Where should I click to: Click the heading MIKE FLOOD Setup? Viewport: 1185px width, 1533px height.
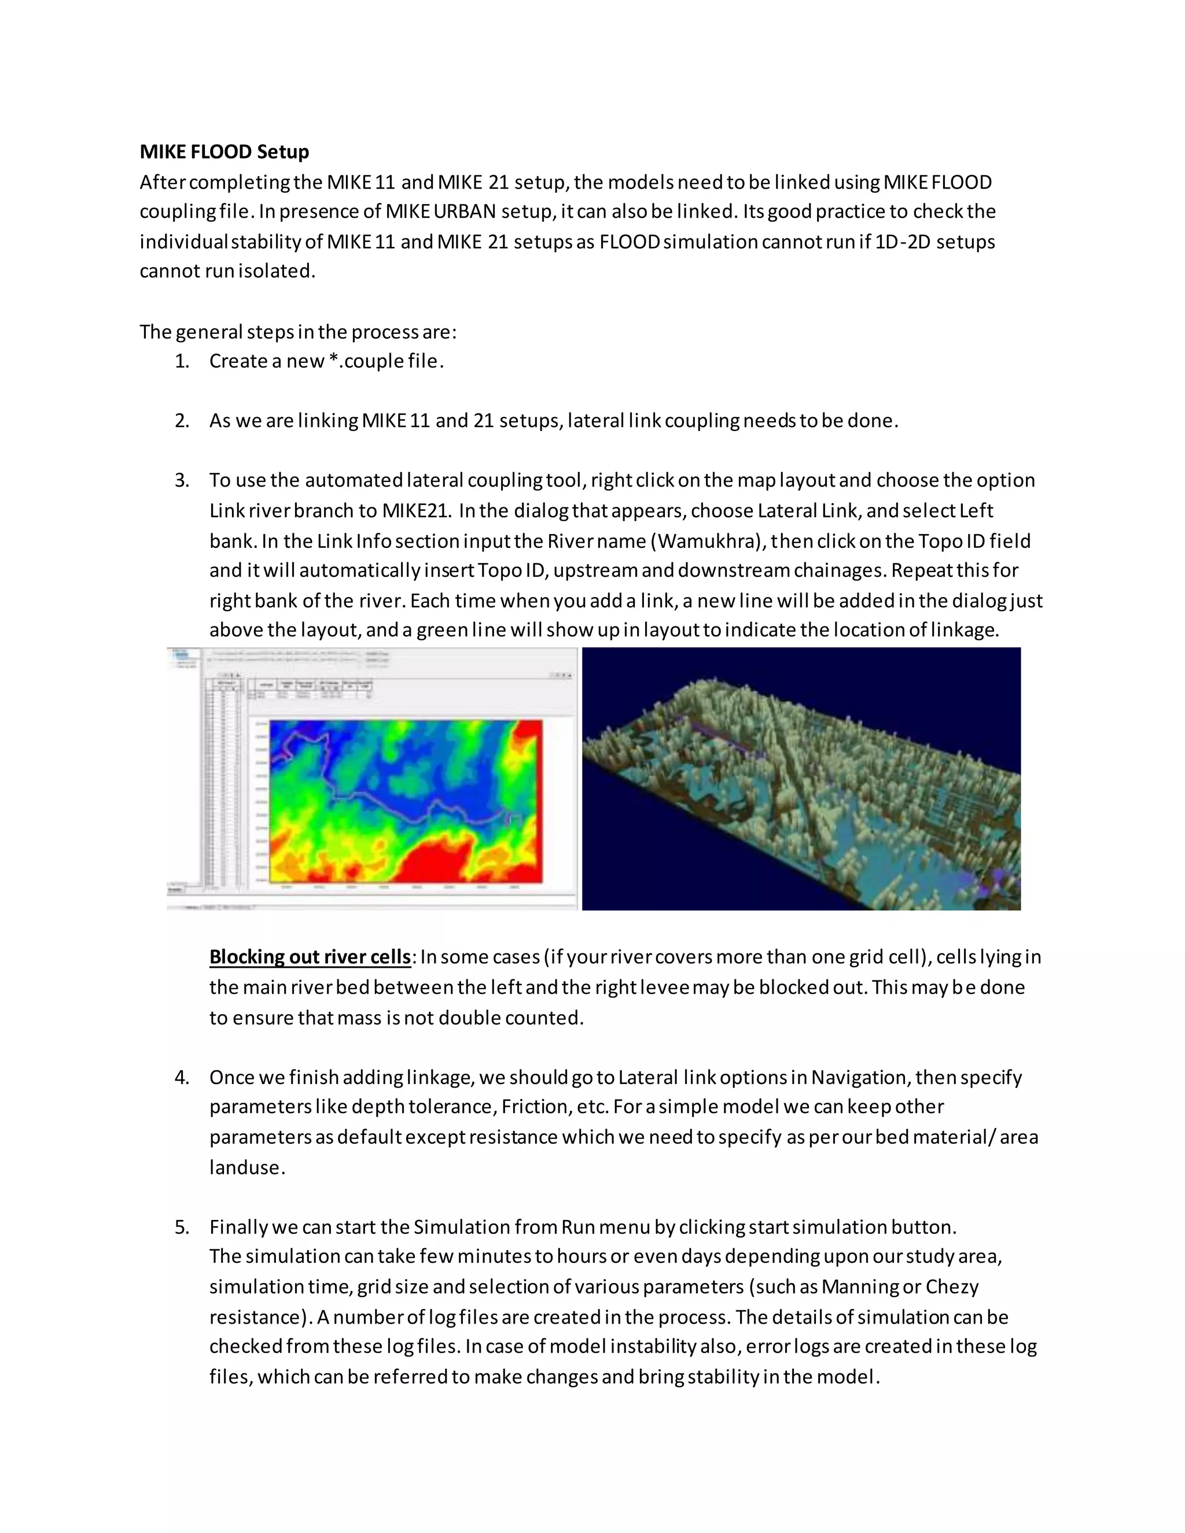[x=224, y=152]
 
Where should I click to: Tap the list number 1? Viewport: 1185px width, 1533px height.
[x=182, y=362]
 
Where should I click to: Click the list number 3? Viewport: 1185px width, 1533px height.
[x=182, y=481]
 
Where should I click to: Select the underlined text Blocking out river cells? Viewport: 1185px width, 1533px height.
[x=310, y=957]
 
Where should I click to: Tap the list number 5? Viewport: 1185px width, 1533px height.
[x=182, y=1228]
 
